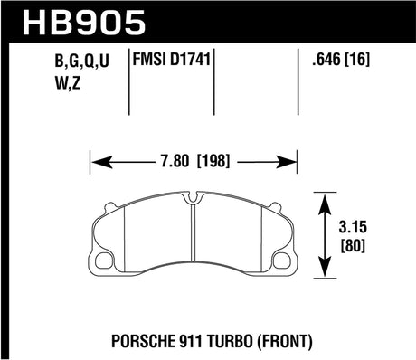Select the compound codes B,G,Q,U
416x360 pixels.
tap(64, 64)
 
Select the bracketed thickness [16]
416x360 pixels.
tap(363, 64)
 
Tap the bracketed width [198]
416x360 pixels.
tap(214, 163)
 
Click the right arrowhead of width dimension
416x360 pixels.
tap(296, 163)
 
